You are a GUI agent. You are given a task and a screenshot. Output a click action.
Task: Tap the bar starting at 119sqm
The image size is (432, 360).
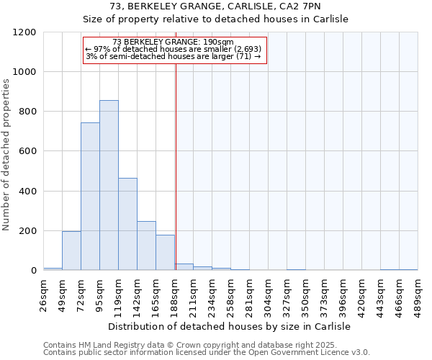click(127, 224)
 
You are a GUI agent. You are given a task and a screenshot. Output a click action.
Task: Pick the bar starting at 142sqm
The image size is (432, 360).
click(146, 246)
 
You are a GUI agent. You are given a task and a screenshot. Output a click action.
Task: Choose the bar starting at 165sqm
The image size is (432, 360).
click(165, 253)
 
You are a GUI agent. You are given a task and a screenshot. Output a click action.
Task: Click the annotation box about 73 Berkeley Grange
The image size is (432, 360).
click(175, 49)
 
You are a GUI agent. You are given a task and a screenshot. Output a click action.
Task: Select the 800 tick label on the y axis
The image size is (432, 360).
click(28, 112)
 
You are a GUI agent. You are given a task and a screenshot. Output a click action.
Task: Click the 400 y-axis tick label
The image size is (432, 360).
click(28, 192)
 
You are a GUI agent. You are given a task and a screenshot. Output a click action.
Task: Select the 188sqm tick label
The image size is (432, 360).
click(175, 294)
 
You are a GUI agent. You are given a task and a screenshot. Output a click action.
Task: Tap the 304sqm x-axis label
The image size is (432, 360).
click(269, 294)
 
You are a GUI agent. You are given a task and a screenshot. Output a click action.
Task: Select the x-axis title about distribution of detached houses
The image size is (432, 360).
click(230, 326)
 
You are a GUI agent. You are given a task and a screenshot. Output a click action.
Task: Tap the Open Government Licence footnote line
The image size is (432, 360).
click(207, 353)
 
